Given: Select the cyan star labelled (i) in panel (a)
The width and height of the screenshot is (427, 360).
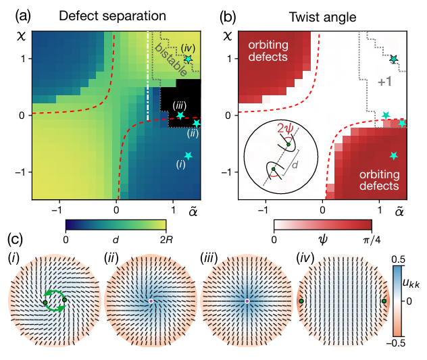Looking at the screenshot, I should (188, 156).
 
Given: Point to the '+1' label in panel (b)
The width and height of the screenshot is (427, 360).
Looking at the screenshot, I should (385, 82).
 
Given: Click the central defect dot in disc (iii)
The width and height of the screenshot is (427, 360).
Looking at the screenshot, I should (247, 301).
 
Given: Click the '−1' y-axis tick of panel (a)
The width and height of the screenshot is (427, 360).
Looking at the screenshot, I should (22, 172).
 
